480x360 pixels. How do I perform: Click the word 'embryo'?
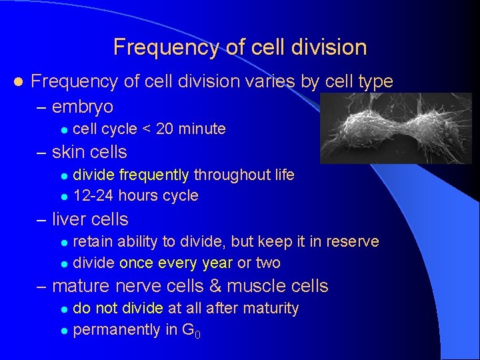click(x=83, y=107)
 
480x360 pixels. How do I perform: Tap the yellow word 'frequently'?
click(x=157, y=175)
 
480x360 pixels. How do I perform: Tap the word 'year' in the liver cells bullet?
click(x=215, y=263)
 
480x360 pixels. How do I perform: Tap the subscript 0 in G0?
click(x=197, y=334)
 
